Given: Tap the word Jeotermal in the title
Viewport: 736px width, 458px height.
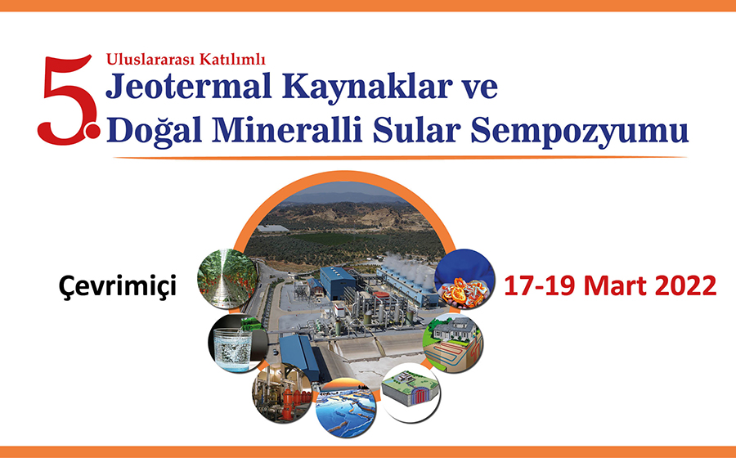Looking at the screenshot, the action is point(189,87).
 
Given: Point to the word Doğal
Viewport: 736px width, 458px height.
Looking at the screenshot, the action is point(154,130).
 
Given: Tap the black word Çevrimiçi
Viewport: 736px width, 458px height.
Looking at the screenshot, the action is point(117,285).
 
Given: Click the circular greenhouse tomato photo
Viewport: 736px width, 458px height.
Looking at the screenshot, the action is point(227,279).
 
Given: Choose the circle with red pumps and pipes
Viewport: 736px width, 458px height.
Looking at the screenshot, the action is point(282,393).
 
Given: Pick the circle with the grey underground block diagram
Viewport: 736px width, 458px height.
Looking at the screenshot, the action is point(411,393).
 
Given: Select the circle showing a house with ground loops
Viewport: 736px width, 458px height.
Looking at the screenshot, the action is point(453,343).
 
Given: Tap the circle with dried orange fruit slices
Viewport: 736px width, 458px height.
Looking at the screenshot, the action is point(464,279).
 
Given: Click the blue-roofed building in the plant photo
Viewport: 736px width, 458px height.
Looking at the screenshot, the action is point(337,282).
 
